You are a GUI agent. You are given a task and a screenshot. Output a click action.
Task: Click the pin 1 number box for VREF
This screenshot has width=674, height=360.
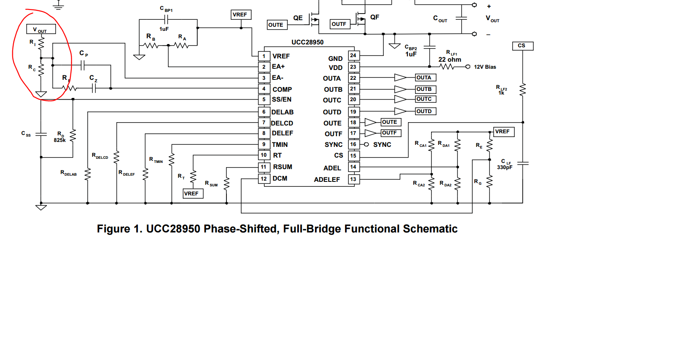point(264,56)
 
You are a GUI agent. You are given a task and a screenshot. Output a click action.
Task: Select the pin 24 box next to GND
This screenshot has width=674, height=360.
point(353,56)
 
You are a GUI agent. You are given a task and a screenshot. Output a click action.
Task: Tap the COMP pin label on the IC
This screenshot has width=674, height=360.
point(282,89)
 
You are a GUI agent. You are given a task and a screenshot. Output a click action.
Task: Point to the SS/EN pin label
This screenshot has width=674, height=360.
point(282,100)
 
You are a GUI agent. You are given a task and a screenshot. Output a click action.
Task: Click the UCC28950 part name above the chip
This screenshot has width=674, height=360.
point(308,42)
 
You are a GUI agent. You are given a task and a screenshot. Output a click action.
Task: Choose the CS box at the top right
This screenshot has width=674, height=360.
point(522,46)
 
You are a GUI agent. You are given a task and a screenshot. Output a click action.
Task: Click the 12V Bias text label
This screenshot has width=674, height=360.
point(485,67)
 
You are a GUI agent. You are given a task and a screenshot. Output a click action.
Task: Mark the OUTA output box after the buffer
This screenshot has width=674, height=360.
point(425,78)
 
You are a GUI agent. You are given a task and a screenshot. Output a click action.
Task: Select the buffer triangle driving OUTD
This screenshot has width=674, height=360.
point(400,111)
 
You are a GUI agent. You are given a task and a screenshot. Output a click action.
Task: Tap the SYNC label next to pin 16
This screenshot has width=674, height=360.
point(382,145)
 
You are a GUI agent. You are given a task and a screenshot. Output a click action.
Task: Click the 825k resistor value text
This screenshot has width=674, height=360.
point(60,140)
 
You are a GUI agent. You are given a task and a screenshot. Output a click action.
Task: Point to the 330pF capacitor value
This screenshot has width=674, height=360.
point(505,167)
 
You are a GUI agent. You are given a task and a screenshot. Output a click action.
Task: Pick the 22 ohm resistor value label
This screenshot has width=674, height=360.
point(450,60)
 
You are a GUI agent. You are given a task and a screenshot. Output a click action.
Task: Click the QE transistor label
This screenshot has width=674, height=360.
point(298,18)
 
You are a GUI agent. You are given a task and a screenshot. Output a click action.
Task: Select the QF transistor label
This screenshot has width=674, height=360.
point(375,17)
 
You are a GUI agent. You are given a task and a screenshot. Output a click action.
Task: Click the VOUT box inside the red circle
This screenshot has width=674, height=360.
point(41,30)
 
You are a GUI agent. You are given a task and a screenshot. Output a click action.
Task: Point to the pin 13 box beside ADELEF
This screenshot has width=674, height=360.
point(353,179)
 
